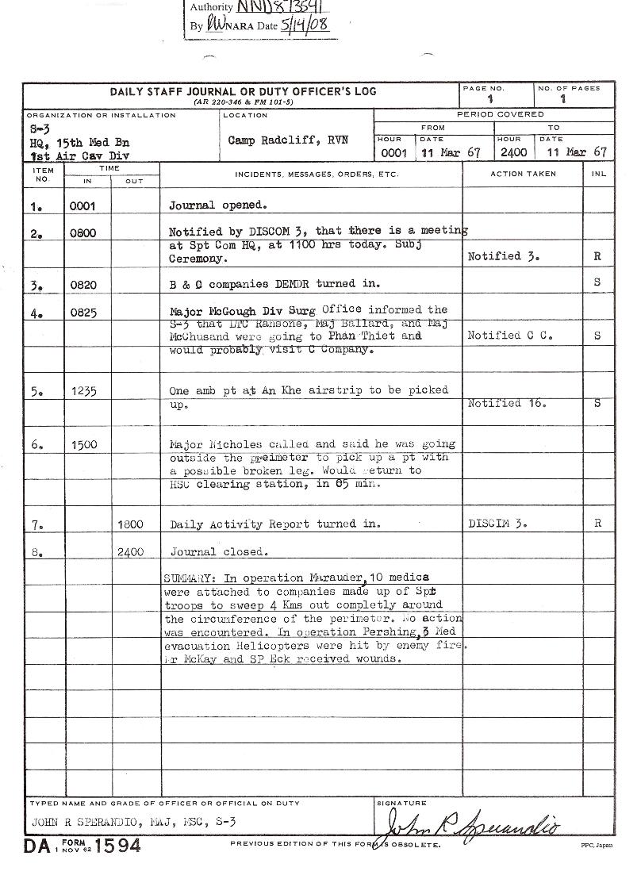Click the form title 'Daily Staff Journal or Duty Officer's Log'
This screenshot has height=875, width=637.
(x=243, y=92)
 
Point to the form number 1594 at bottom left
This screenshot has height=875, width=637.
(x=118, y=846)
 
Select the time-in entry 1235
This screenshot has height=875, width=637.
(x=83, y=391)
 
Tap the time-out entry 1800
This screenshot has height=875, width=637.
(x=131, y=524)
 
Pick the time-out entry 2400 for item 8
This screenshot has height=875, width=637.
(x=131, y=552)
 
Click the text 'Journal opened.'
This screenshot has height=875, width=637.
(x=218, y=205)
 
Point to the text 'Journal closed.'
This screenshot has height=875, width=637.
(x=220, y=551)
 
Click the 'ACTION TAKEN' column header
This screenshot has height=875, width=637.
(x=523, y=174)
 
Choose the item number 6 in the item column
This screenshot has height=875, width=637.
(x=36, y=445)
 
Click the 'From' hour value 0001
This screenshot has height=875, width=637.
(x=393, y=152)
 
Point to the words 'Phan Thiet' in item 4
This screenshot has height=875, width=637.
(x=358, y=336)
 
